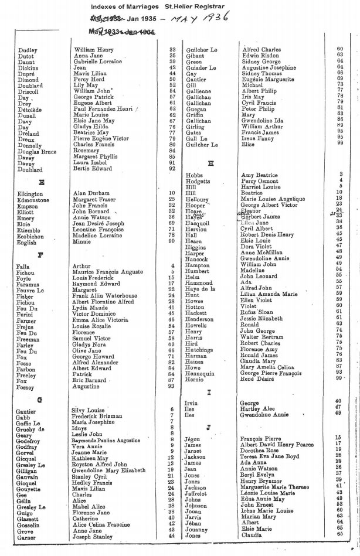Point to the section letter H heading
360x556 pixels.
[210, 163]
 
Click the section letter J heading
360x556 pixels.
[209, 427]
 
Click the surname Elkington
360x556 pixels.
[30, 193]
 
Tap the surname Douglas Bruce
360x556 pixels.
[37, 152]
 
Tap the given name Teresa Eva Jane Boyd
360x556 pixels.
[270, 456]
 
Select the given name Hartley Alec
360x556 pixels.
[258, 407]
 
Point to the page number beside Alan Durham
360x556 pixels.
[172, 193]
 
